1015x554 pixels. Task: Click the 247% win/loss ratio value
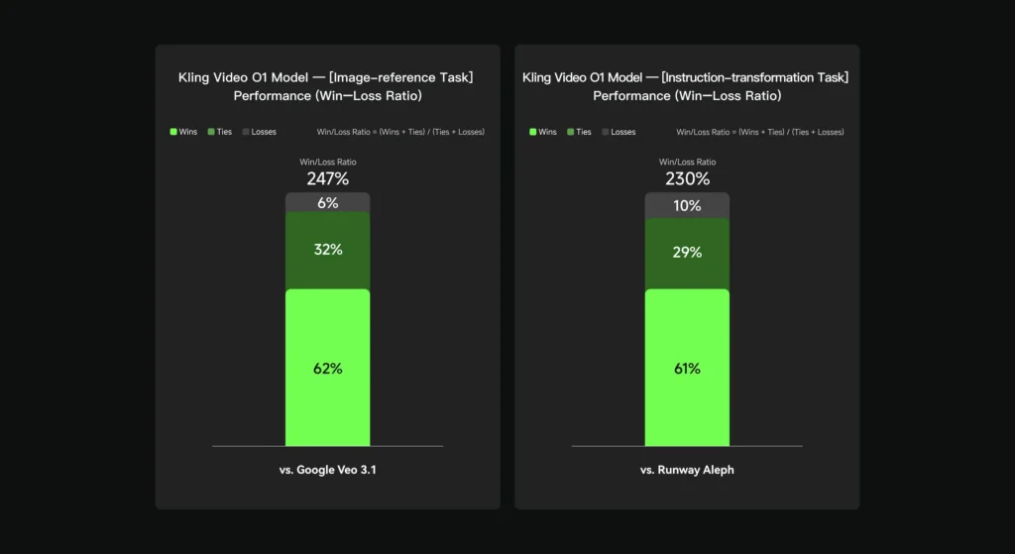pos(327,179)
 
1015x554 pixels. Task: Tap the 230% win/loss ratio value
pos(687,179)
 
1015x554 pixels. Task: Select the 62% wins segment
pos(327,368)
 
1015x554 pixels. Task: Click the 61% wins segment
pos(687,368)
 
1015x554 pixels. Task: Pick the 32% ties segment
pos(327,250)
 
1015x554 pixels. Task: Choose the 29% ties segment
pos(687,253)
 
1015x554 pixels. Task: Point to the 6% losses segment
pos(327,202)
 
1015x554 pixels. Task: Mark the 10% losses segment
pos(687,205)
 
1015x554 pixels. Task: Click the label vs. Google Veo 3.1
pos(327,470)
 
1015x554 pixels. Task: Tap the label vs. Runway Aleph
pos(687,470)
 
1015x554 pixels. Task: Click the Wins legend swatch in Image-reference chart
pos(174,132)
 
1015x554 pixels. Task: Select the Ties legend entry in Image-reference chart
pos(219,132)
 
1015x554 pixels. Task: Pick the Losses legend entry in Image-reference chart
pos(260,132)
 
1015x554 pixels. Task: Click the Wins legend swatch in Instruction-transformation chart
pos(534,132)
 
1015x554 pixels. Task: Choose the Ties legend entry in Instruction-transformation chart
pos(579,132)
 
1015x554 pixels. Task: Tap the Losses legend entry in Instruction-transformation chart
pos(620,132)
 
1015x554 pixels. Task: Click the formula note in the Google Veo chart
pos(400,132)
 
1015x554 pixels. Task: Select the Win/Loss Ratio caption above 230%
pos(687,162)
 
